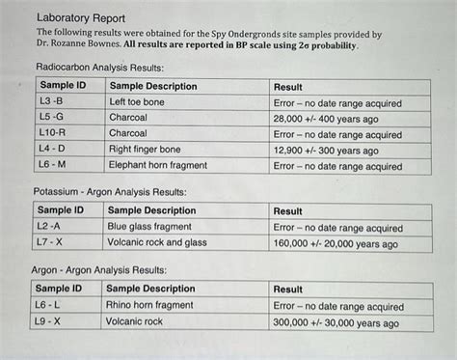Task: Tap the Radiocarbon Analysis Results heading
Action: click(x=98, y=67)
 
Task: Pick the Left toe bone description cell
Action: click(x=137, y=101)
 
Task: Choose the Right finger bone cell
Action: click(x=146, y=151)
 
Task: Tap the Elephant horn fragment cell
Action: click(x=158, y=166)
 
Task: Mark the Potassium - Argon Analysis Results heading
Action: click(x=109, y=191)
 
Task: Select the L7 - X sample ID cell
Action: click(x=49, y=243)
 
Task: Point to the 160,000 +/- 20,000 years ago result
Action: click(x=335, y=244)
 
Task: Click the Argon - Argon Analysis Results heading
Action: click(x=98, y=269)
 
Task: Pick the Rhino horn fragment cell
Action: click(x=149, y=305)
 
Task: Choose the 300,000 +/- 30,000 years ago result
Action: click(x=336, y=321)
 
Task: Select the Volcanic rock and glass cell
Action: click(x=156, y=243)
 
